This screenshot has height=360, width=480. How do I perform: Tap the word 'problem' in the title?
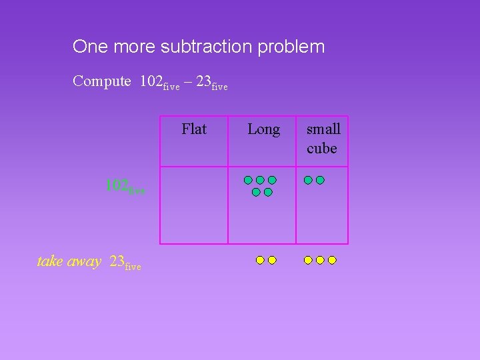(293, 47)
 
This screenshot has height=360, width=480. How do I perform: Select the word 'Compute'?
(102, 82)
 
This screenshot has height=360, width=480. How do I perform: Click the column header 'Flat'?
(194, 129)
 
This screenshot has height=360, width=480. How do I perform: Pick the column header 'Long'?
(263, 129)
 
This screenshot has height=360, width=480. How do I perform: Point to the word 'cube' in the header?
(322, 149)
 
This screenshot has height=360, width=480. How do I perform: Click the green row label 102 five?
(124, 187)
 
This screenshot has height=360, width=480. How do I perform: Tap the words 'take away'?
(69, 261)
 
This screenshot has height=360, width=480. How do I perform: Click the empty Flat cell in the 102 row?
(194, 205)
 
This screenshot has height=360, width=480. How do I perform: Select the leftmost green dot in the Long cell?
(247, 180)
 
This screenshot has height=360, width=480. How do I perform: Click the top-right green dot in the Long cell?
(273, 180)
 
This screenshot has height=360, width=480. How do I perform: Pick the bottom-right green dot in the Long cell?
(268, 192)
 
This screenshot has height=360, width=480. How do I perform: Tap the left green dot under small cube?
(308, 180)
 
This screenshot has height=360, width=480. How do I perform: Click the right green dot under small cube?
(320, 180)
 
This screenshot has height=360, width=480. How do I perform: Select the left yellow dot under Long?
(260, 260)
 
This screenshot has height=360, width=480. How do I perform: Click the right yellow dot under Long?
(272, 260)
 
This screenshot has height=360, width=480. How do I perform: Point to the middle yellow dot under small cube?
(320, 260)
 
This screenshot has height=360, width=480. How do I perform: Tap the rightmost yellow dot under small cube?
(332, 260)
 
